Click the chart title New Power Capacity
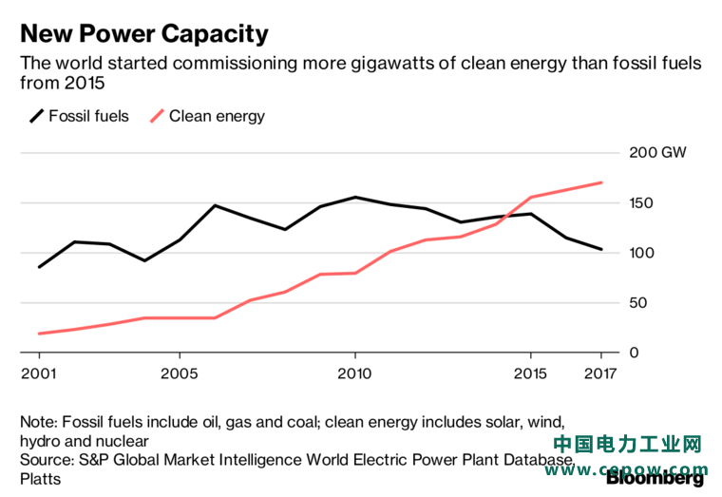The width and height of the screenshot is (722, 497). (144, 34)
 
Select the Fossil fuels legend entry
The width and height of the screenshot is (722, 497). (79, 116)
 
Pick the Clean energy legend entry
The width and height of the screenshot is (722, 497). (208, 116)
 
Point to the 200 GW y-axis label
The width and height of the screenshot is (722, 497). (657, 152)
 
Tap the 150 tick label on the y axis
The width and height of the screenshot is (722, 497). (641, 202)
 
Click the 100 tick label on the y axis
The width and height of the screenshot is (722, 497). (641, 253)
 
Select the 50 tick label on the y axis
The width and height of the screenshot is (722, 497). (638, 302)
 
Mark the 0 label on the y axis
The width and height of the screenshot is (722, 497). (634, 353)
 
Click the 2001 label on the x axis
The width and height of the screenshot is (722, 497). (39, 373)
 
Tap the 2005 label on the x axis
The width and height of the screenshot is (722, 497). (180, 373)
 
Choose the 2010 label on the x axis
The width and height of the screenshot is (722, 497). (354, 373)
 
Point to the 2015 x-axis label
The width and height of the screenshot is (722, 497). (530, 373)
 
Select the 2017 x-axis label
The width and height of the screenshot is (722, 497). (600, 373)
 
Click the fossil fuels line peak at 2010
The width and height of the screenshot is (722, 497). (355, 197)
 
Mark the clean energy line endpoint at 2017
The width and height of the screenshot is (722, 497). (601, 182)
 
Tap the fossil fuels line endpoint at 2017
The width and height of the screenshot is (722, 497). (601, 249)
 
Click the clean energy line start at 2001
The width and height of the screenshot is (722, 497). (39, 334)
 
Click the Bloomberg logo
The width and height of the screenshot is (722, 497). (655, 479)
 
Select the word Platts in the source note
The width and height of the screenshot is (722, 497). (41, 479)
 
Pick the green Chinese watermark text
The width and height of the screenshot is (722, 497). (627, 444)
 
